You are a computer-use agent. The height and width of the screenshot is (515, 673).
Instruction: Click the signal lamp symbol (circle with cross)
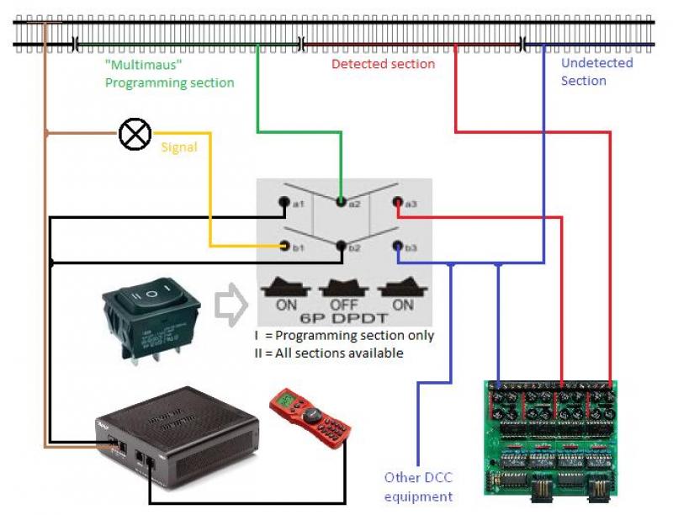click(135, 133)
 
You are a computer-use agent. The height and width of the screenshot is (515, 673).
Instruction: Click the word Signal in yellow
click(178, 147)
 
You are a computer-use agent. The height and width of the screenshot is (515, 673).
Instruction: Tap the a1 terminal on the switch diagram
click(285, 202)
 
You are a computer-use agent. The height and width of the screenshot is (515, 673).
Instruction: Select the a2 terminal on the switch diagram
click(341, 202)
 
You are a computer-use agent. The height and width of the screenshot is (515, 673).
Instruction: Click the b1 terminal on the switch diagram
click(285, 247)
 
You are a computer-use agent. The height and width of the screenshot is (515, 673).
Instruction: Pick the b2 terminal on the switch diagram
click(341, 247)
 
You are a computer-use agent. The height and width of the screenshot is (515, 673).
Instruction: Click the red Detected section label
click(383, 64)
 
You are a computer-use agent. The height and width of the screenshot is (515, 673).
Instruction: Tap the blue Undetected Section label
click(596, 72)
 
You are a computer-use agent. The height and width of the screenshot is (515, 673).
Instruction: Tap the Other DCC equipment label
click(418, 486)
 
